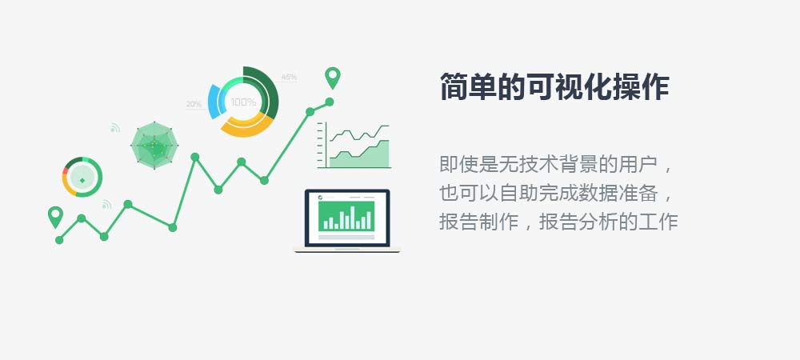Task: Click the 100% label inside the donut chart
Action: tap(243, 102)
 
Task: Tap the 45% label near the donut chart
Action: tap(289, 77)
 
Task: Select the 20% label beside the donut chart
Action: tap(194, 105)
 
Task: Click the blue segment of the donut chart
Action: tap(214, 102)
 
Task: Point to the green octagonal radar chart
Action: tap(154, 146)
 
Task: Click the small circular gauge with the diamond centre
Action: tap(82, 177)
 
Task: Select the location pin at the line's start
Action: tap(55, 217)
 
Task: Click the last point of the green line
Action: tap(330, 102)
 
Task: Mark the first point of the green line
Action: tap(59, 240)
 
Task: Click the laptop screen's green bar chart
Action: tap(346, 216)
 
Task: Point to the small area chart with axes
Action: tap(354, 146)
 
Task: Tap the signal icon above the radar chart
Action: tap(114, 128)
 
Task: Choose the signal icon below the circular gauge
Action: tap(106, 205)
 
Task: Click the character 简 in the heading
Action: tap(454, 86)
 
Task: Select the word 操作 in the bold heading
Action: tap(640, 86)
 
